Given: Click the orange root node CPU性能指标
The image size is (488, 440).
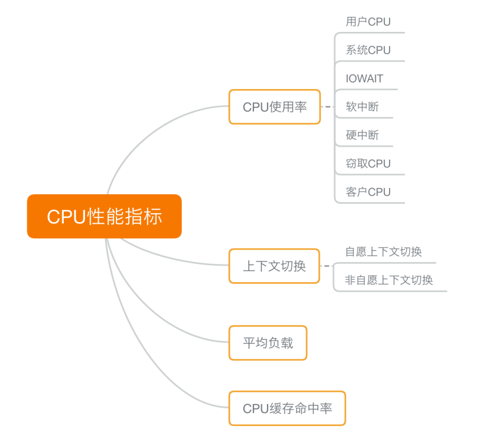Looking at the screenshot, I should pos(104,216).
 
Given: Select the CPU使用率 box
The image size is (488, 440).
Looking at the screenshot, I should pos(274,106).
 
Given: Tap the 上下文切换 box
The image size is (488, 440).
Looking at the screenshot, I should pos(274,266).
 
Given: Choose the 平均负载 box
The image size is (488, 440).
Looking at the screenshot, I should pos(268,343).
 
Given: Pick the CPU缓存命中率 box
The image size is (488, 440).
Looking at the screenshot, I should pos(287,408).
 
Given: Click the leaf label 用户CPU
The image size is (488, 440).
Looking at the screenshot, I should pos(368,22).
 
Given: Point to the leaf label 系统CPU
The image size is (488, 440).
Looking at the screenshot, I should pos(368,50).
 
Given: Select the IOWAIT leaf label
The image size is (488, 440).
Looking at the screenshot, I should pos(364,79).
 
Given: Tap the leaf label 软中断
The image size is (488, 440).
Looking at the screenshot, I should pos(362,106).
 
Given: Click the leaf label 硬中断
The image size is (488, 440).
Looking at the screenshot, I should pos(362,135).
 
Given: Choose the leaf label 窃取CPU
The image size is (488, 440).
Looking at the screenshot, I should pos(368,163).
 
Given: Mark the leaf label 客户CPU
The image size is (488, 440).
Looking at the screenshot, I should pos(368,192).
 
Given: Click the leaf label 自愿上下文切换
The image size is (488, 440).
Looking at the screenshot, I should pos(383,252).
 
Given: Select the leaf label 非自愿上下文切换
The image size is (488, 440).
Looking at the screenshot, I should pos(388,280).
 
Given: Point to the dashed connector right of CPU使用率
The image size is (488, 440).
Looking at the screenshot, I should pos(327,106).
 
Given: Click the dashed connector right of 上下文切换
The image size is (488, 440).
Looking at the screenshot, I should pos(327,266).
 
